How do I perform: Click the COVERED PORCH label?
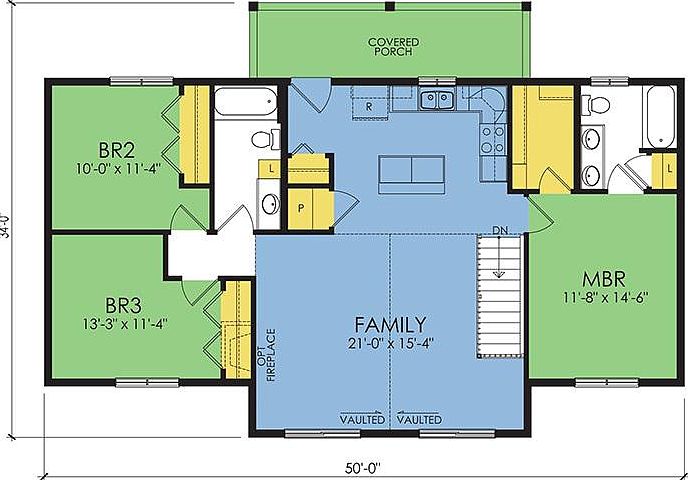tap(393, 47)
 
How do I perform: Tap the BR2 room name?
tap(117, 151)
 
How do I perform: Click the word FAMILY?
tap(391, 324)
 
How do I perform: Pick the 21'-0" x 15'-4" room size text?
tap(391, 342)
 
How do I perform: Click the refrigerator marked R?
tap(369, 105)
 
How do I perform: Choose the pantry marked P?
tap(301, 208)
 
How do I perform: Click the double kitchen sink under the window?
tap(436, 99)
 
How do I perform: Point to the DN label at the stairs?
tap(500, 231)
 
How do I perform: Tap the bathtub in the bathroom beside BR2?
tap(245, 102)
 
